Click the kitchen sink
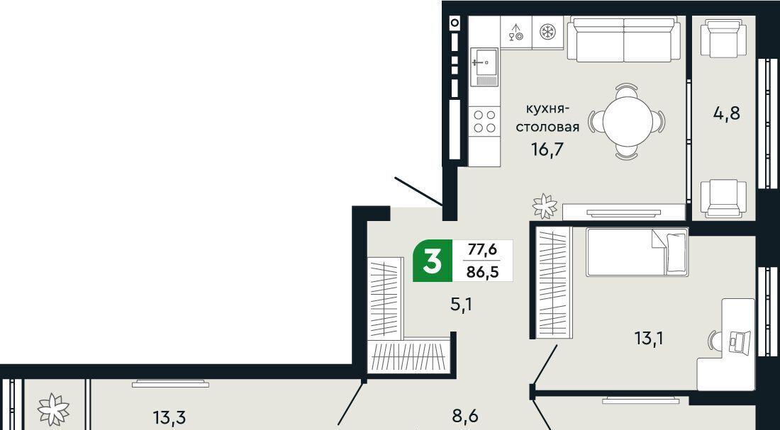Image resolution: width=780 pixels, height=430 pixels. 484,67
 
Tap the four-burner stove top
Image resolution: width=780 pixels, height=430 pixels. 484,121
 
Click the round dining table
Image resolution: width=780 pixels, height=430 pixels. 628,121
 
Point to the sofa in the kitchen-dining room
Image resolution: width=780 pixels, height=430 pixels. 624,39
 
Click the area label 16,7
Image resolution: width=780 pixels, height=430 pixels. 547,149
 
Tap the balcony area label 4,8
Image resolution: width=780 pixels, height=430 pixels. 726,114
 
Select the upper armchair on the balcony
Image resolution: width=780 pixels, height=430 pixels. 723,38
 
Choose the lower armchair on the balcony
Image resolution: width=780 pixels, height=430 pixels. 723,198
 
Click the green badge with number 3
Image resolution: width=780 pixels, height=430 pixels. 433,261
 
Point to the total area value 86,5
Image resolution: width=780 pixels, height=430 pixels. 482,273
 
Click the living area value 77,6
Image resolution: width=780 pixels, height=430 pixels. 482,249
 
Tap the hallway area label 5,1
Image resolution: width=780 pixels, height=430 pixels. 461,304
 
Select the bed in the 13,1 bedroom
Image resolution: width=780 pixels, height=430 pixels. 637,252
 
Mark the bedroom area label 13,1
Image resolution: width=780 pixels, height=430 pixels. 649,339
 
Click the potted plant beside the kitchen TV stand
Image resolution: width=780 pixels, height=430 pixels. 545,206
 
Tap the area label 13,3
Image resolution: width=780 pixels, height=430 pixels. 169,417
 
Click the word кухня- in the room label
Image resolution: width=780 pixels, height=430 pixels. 547,109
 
